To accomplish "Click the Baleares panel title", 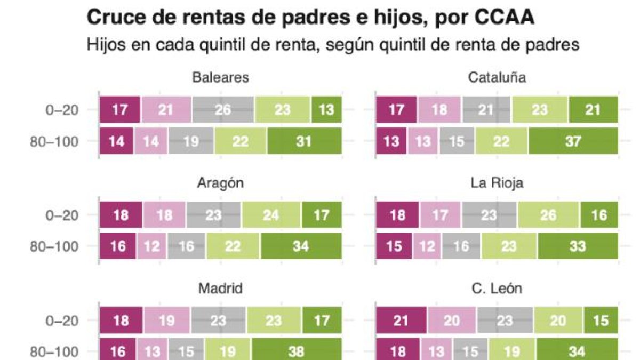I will (x=220, y=77).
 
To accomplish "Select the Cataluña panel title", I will (x=497, y=77).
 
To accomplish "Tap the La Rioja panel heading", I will (x=497, y=183).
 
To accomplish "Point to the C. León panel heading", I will (x=497, y=289).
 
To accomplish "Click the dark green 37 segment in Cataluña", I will (x=573, y=141).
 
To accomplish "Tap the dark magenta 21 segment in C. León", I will (x=402, y=321).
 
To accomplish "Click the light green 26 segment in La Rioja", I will (x=548, y=215).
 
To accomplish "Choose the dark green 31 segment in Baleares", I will (x=304, y=141).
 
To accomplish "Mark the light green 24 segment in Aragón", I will (x=271, y=215).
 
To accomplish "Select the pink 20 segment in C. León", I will (x=452, y=321).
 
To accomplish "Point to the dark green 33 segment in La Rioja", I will (x=577, y=247).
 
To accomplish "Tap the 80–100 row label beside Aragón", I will (x=61, y=247).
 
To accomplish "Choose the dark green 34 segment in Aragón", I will (x=300, y=247).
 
